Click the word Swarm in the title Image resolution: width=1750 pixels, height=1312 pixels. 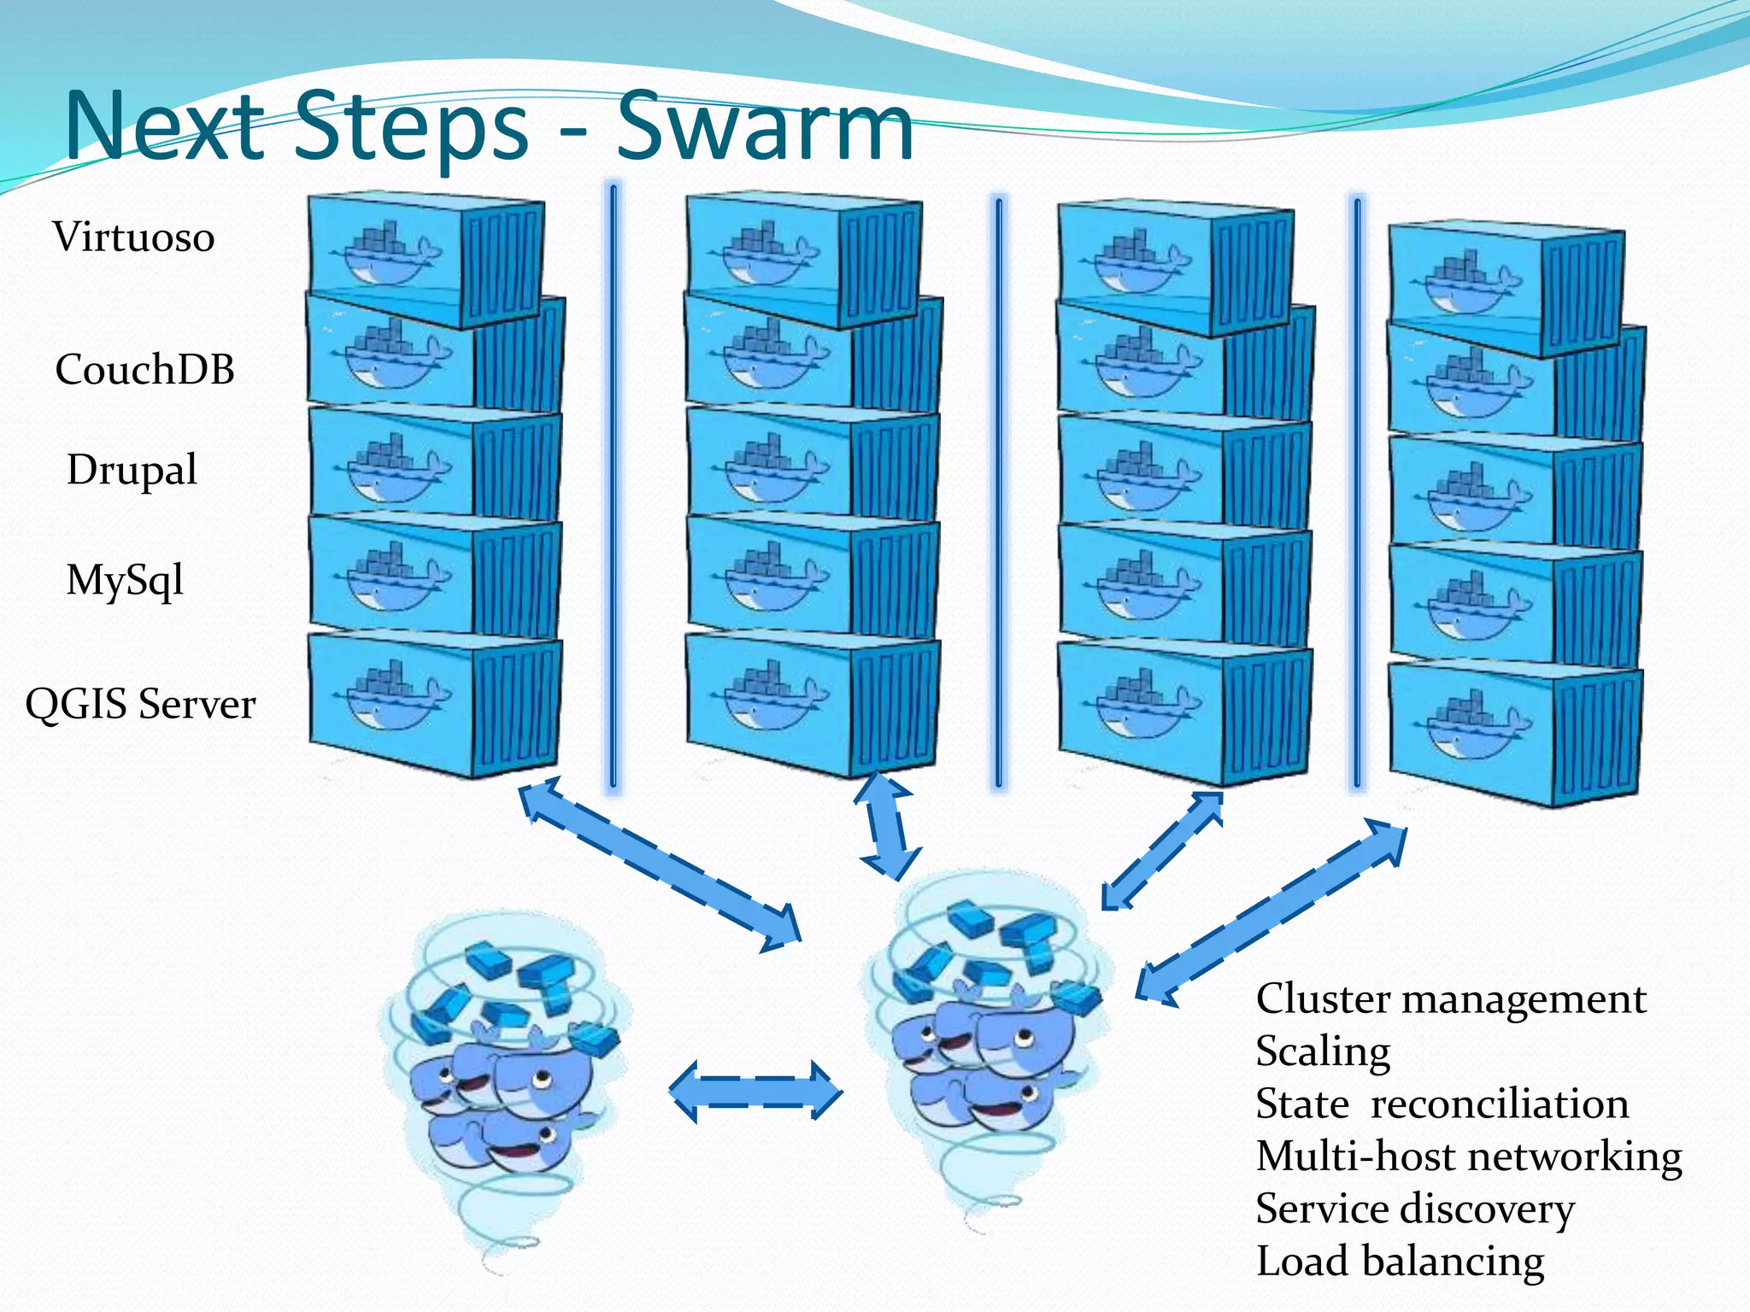pyautogui.click(x=765, y=128)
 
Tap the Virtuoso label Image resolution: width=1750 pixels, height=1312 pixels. pyautogui.click(x=133, y=237)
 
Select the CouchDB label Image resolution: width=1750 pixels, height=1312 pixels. pyautogui.click(x=144, y=370)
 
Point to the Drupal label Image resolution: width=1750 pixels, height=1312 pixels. pyautogui.click(x=132, y=470)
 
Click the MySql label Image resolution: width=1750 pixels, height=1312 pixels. pyautogui.click(x=125, y=581)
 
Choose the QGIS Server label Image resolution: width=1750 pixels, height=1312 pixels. pyautogui.click(x=140, y=705)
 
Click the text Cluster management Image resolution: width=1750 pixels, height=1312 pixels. pyautogui.click(x=1450, y=999)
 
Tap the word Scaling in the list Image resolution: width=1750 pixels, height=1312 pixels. pyautogui.click(x=1323, y=1051)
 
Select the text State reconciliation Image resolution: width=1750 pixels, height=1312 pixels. pyautogui.click(x=1442, y=1104)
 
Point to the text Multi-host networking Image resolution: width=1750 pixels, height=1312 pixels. pyautogui.click(x=1468, y=1157)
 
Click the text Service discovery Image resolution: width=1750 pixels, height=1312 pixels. pyautogui.click(x=1414, y=1209)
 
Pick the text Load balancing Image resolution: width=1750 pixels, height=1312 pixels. pyautogui.click(x=1400, y=1262)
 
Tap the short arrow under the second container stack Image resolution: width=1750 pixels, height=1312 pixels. pyautogui.click(x=888, y=826)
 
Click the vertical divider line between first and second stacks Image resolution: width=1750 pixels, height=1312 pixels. pyautogui.click(x=613, y=487)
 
